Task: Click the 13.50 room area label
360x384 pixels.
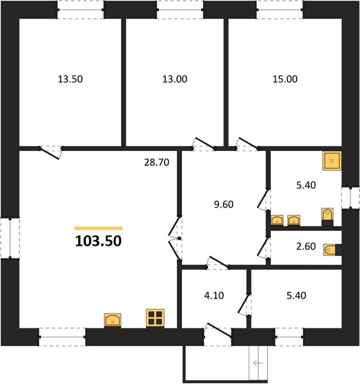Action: [x=70, y=79]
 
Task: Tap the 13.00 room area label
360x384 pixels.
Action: [x=175, y=79]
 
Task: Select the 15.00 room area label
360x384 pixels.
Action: [x=285, y=79]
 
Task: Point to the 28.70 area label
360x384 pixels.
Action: [x=156, y=163]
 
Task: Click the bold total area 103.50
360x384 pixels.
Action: [x=98, y=241]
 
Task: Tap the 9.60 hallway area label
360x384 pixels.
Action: [x=224, y=204]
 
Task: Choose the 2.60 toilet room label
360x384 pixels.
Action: [x=306, y=246]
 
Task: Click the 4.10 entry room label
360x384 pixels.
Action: [x=214, y=295]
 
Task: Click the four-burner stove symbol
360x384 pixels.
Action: [x=155, y=318]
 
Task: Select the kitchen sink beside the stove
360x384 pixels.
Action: [x=113, y=320]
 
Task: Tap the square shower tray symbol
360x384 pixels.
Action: [x=332, y=161]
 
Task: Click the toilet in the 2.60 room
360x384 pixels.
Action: [x=332, y=250]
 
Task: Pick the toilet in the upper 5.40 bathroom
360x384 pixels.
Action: [x=327, y=217]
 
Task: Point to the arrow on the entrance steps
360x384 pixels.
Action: [x=258, y=363]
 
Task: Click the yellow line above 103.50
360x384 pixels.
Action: [x=99, y=228]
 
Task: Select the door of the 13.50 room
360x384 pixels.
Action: [x=51, y=152]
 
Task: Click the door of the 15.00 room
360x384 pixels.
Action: [x=247, y=144]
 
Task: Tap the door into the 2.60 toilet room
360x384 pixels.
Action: [x=264, y=248]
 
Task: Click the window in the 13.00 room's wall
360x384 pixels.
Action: [x=180, y=10]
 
